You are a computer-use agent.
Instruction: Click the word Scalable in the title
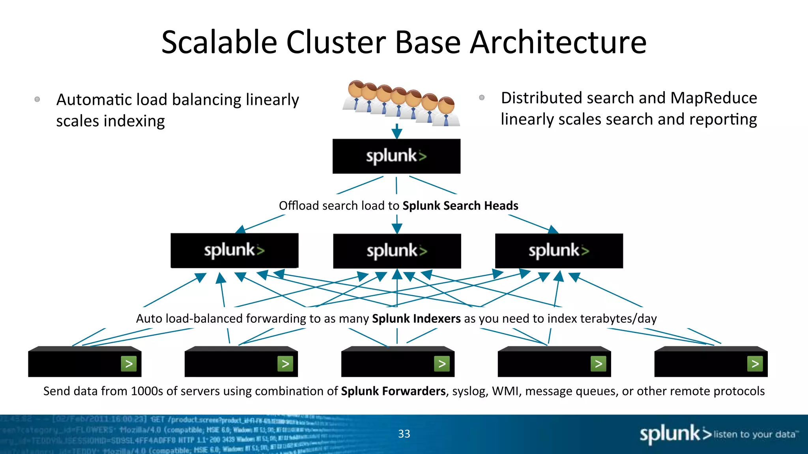tap(219, 43)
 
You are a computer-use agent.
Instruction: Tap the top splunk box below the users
tap(396, 156)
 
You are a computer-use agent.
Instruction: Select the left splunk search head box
tap(234, 250)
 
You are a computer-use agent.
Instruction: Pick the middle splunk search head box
tap(397, 251)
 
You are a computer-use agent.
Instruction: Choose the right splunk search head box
tap(559, 251)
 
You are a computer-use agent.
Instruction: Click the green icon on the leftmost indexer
tap(129, 364)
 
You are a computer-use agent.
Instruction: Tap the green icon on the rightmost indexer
tap(755, 364)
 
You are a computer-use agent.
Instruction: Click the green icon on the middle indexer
tap(442, 364)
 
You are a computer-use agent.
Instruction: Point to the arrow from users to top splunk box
tap(397, 131)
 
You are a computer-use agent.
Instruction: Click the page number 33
tap(404, 434)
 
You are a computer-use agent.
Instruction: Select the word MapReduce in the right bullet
tap(713, 98)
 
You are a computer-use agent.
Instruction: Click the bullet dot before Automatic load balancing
tap(37, 99)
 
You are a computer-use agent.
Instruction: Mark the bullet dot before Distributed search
tap(482, 97)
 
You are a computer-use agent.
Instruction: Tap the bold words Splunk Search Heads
tap(460, 206)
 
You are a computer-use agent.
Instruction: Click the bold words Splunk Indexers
tap(416, 318)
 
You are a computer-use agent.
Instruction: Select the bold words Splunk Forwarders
tap(393, 391)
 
